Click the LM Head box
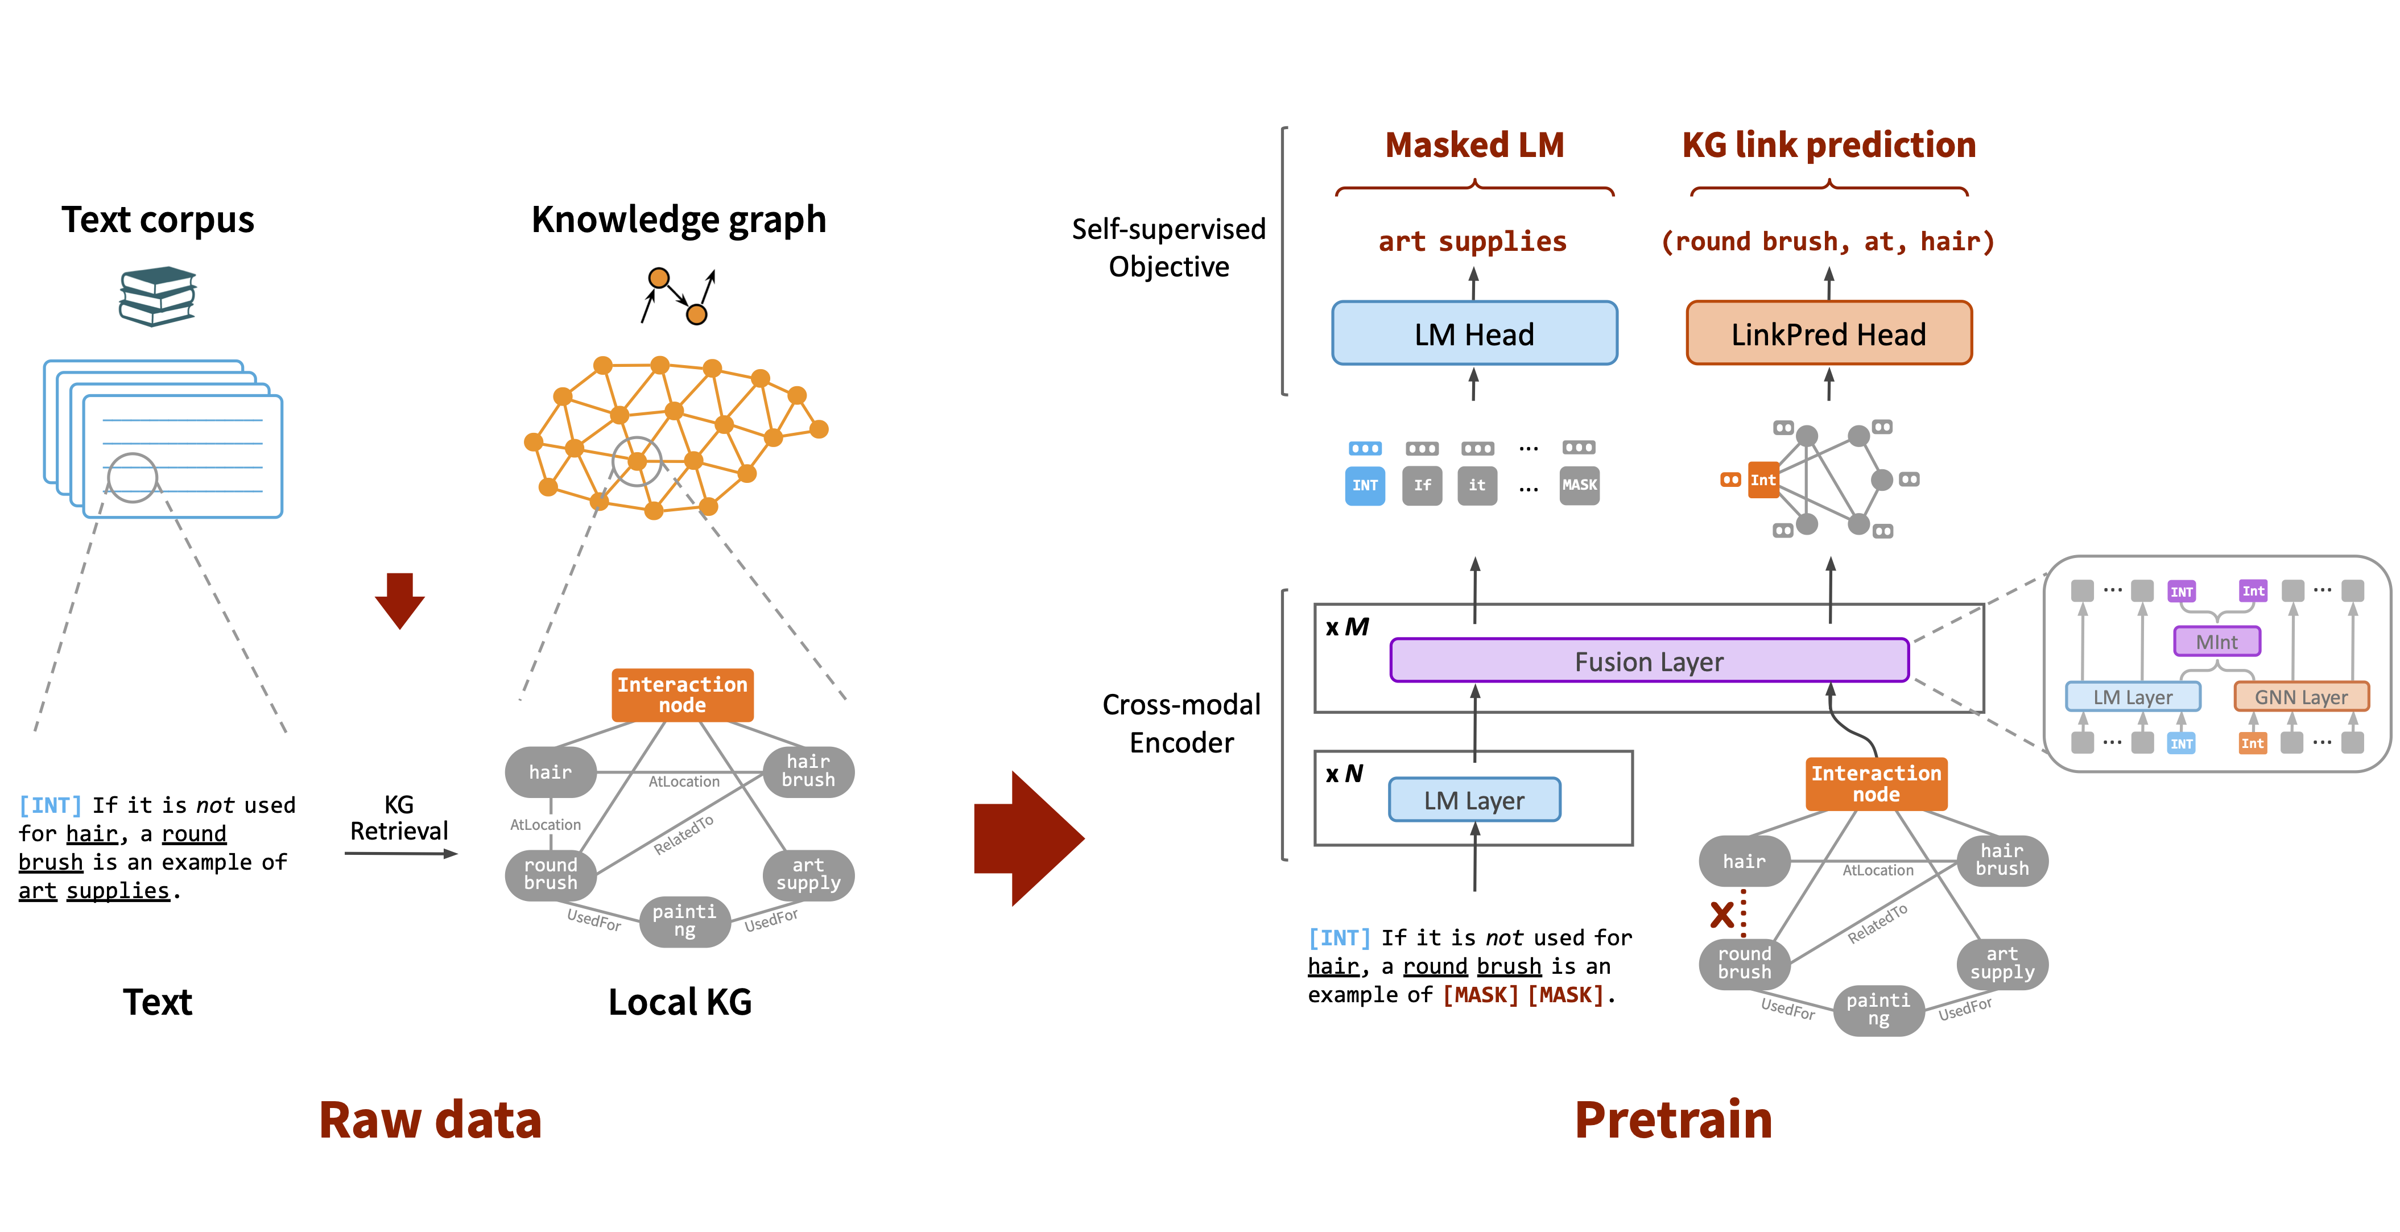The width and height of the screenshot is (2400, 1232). click(1474, 334)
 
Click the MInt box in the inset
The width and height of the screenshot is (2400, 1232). click(2216, 641)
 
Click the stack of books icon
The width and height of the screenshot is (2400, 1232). click(158, 296)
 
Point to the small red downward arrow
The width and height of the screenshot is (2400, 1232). click(400, 600)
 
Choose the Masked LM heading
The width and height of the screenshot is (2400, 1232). click(1474, 146)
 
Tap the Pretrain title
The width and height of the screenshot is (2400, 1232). click(1674, 1119)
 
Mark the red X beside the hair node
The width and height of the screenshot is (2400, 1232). click(1722, 914)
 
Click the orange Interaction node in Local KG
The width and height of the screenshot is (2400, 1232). click(682, 695)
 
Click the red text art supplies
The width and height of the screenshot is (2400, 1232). click(1472, 241)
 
